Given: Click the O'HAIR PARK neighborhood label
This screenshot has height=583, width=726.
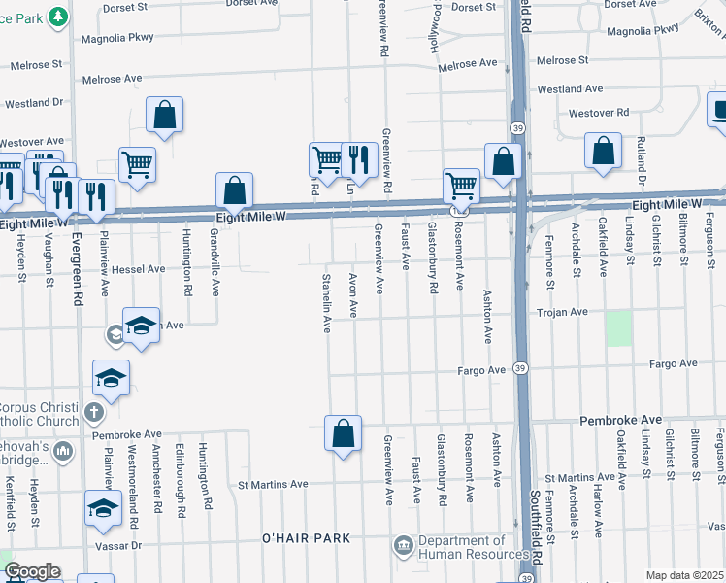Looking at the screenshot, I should [x=304, y=538].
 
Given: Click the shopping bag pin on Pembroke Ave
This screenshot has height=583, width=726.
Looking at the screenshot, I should [x=343, y=433].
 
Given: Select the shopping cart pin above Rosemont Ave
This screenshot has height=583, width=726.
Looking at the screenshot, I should [x=461, y=186].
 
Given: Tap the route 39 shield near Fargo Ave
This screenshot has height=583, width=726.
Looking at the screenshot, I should [x=521, y=368].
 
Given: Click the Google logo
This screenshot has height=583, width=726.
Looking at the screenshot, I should [x=31, y=571].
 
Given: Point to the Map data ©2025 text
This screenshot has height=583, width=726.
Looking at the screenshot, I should [x=684, y=575].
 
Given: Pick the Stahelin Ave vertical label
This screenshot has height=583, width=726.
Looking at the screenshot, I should [x=327, y=303].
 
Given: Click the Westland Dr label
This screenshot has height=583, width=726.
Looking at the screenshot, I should [x=34, y=101].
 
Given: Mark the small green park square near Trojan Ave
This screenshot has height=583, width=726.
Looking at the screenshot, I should [x=618, y=328].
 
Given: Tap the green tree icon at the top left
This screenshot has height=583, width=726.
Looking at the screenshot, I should [x=58, y=16].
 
